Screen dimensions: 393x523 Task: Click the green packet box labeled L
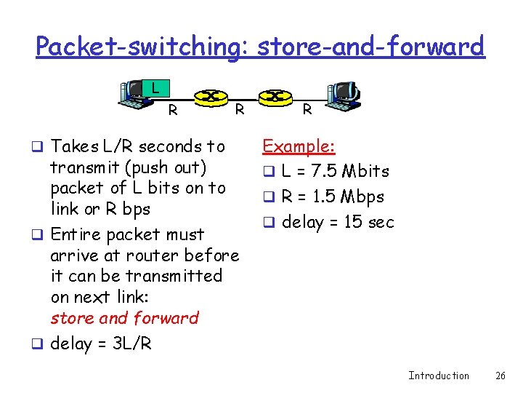pos(155,89)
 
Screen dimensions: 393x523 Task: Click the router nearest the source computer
pos(211,96)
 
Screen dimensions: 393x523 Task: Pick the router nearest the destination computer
pos(274,96)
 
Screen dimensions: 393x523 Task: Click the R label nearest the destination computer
pos(307,110)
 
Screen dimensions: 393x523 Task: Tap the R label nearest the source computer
pos(173,111)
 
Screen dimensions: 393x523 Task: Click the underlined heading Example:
pos(299,146)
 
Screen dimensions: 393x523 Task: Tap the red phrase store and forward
pos(124,318)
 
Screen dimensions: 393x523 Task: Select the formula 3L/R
pos(132,344)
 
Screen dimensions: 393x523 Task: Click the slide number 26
pos(500,376)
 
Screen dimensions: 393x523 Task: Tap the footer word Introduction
pos(439,376)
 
